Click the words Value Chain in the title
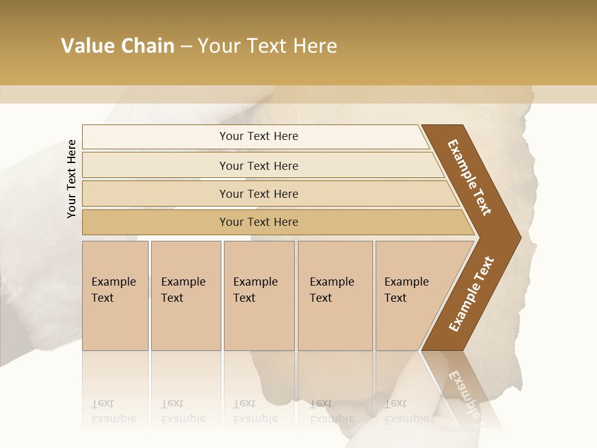[118, 46]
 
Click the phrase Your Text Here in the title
[267, 46]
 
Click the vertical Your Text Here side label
[72, 179]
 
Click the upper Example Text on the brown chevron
[469, 177]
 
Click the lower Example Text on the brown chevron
[471, 294]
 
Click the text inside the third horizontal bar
[259, 194]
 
